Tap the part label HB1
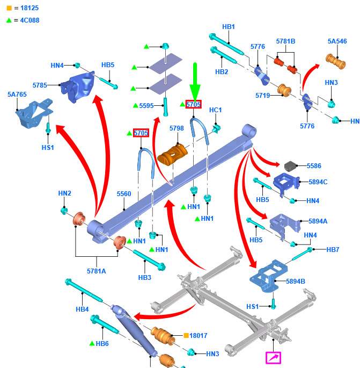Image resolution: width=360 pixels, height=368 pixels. tap(229, 26)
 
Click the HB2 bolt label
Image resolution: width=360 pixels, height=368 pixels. tap(222, 71)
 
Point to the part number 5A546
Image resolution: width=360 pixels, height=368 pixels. tap(337, 41)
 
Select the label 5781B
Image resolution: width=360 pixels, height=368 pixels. tap(285, 41)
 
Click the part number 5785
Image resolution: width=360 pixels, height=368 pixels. tap(40, 85)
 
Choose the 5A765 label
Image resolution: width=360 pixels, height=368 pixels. tap(17, 95)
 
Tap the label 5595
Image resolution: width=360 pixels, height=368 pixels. tap(147, 106)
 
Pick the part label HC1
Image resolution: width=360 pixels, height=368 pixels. tap(215, 110)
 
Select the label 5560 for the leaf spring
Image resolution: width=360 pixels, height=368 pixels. tap(124, 194)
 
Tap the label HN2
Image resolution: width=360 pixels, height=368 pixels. tap(65, 193)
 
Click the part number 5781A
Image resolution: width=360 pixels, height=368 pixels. tap(97, 271)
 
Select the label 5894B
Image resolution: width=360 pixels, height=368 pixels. tap(295, 281)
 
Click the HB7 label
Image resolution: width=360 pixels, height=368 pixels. tap(333, 250)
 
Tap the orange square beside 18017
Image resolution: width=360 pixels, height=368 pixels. tap(186, 335)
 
